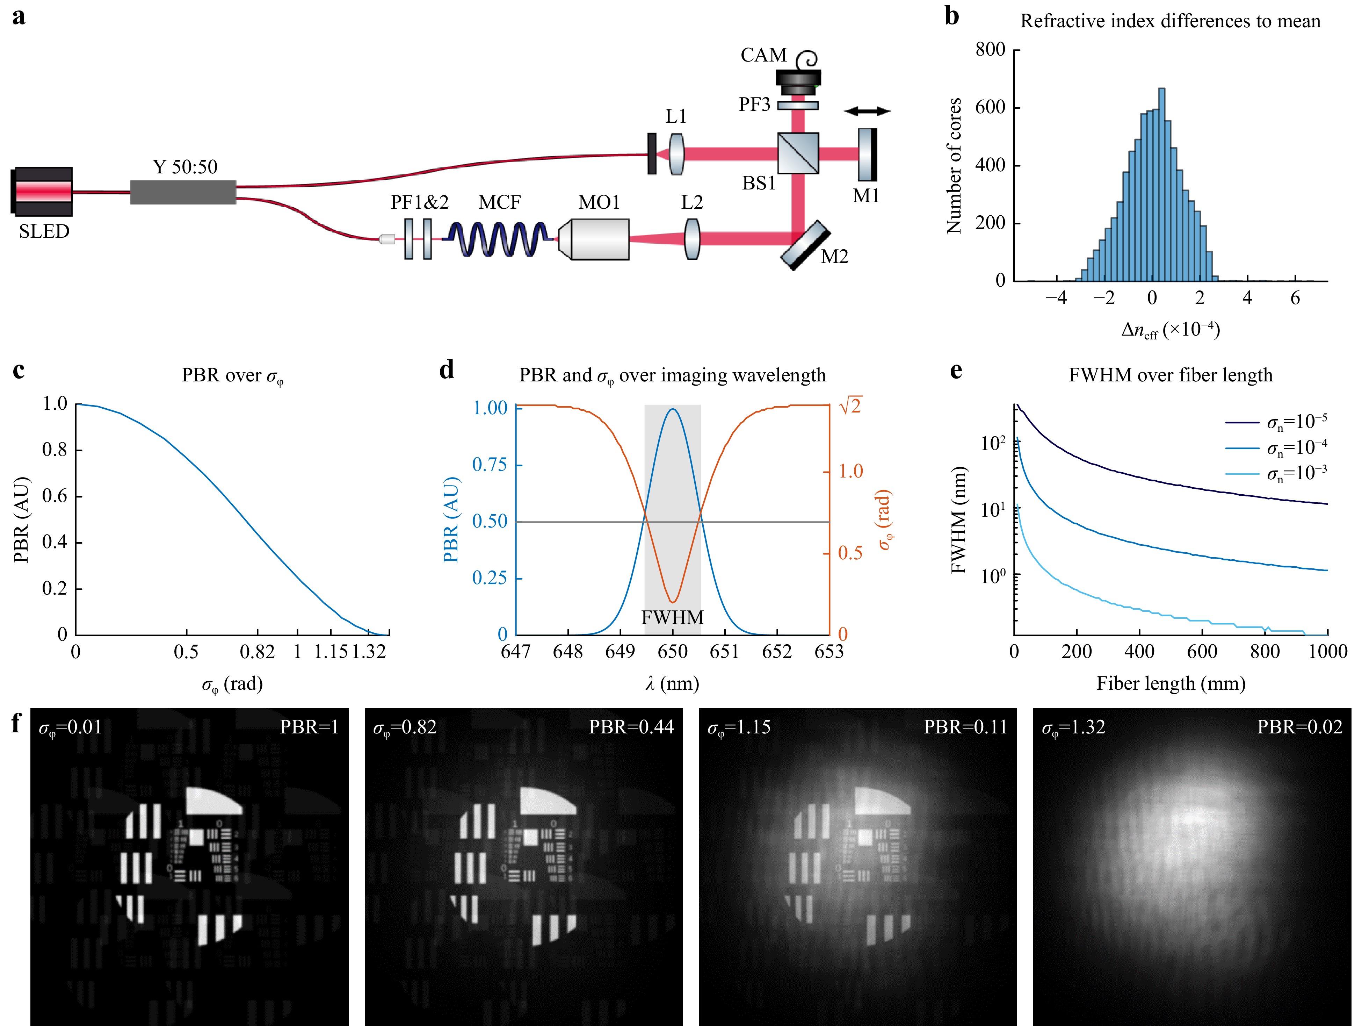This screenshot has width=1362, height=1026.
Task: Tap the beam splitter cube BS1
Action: pyautogui.click(x=798, y=153)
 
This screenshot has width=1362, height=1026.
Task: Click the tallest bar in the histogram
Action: pyautogui.click(x=1161, y=185)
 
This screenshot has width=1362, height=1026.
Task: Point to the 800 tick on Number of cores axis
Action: pyautogui.click(x=990, y=49)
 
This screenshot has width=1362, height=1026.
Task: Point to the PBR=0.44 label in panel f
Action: pyautogui.click(x=631, y=727)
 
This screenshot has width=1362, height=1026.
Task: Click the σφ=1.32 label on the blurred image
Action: pyautogui.click(x=1074, y=728)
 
